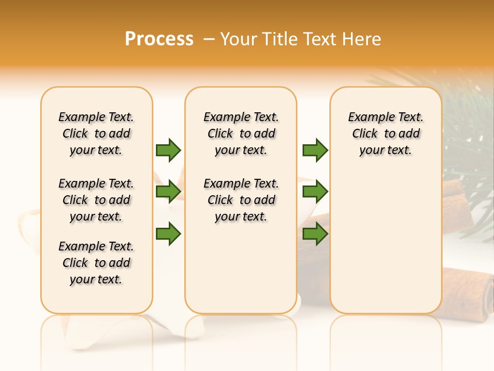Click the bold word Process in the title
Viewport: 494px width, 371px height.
tap(159, 39)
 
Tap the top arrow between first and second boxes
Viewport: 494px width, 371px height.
tap(168, 150)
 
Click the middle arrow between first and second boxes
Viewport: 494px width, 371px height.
tap(168, 192)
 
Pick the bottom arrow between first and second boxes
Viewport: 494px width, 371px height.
tap(168, 234)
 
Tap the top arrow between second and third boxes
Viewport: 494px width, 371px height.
tap(315, 150)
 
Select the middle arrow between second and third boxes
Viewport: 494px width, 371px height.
tap(315, 192)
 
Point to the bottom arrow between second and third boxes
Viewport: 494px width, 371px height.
tap(315, 234)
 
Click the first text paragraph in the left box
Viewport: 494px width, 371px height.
tap(96, 133)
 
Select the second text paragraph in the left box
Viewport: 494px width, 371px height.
tap(96, 200)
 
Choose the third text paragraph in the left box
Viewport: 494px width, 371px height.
tap(96, 263)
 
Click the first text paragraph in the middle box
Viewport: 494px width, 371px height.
tap(241, 133)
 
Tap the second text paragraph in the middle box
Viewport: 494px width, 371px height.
tap(241, 200)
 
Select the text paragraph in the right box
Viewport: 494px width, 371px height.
tap(385, 133)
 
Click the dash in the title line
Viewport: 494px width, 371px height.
tap(208, 40)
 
